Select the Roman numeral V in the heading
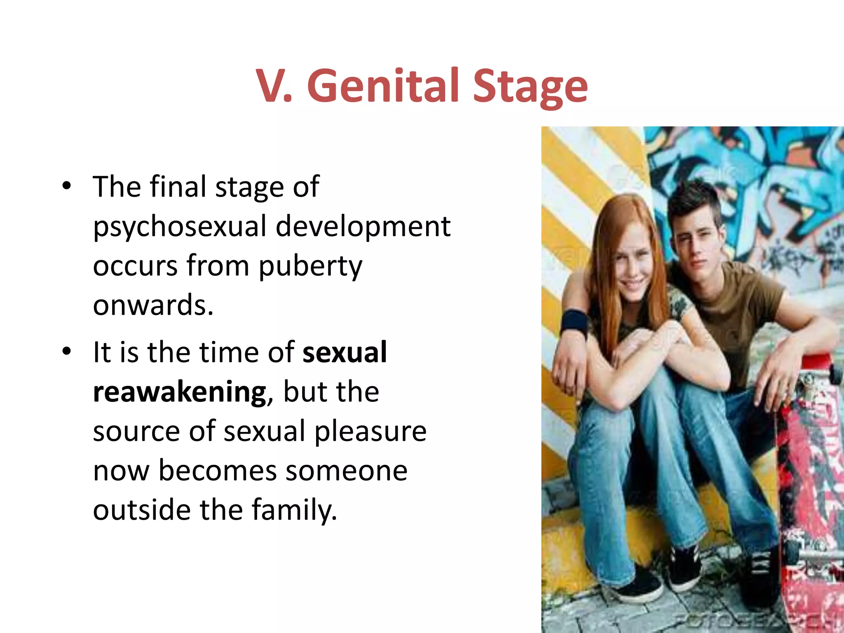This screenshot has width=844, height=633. pos(272,86)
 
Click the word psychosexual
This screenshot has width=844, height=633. pos(180,227)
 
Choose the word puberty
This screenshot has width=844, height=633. pos(310,266)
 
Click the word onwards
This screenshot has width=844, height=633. pos(152,305)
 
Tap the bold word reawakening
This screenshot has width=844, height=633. pos(180,392)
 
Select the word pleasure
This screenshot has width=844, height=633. pos(370,431)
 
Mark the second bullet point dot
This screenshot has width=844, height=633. pos(66,352)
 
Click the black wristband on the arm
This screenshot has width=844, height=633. pos(574,321)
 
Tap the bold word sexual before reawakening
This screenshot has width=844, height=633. pos(345,352)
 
